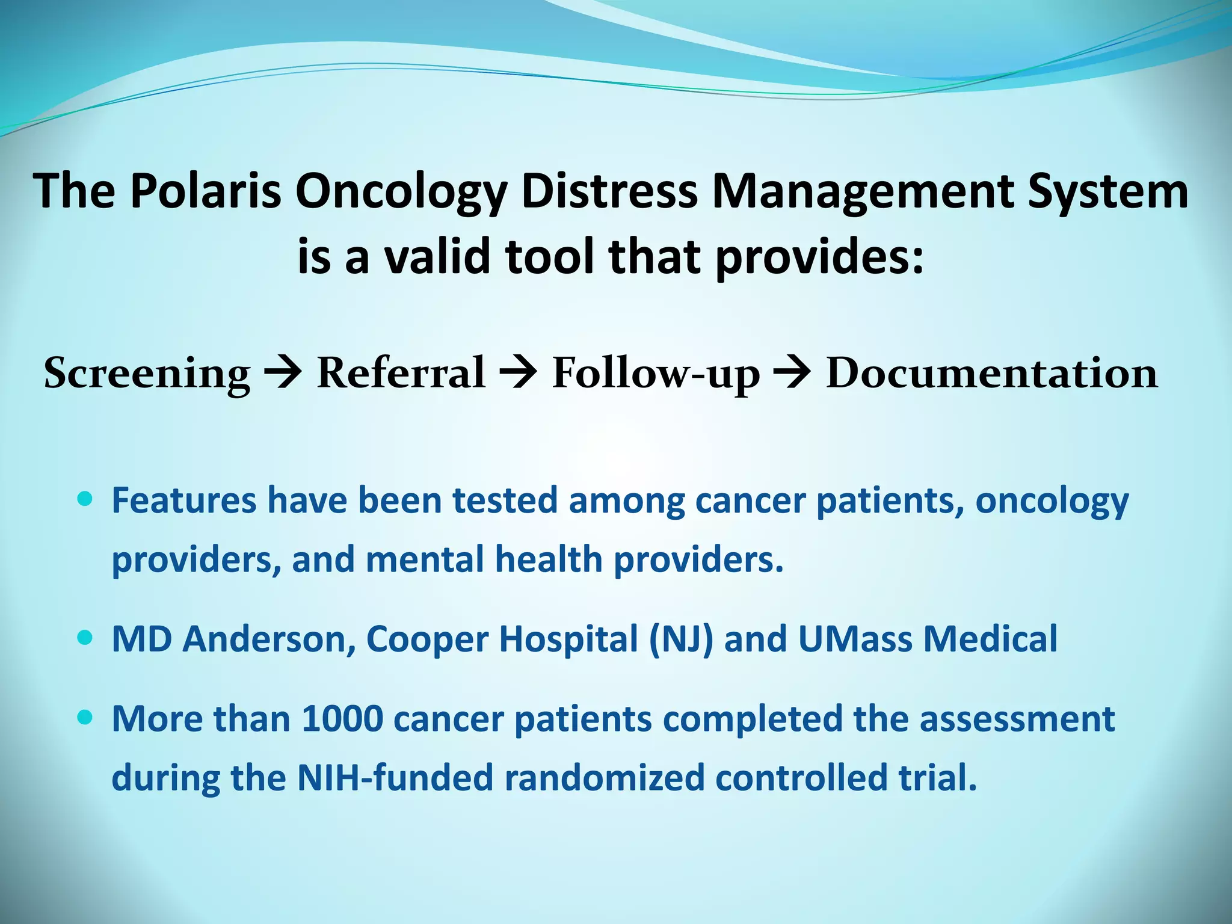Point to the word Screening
tap(147, 374)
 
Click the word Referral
tap(401, 372)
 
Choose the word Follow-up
tap(656, 374)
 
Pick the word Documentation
tap(991, 372)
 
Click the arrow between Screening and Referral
tap(283, 374)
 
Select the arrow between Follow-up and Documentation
tap(793, 374)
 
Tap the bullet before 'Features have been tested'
tap(85, 499)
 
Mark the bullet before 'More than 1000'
tap(85, 717)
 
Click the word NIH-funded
tap(395, 777)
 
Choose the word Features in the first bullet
tap(184, 500)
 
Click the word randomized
tap(604, 777)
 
